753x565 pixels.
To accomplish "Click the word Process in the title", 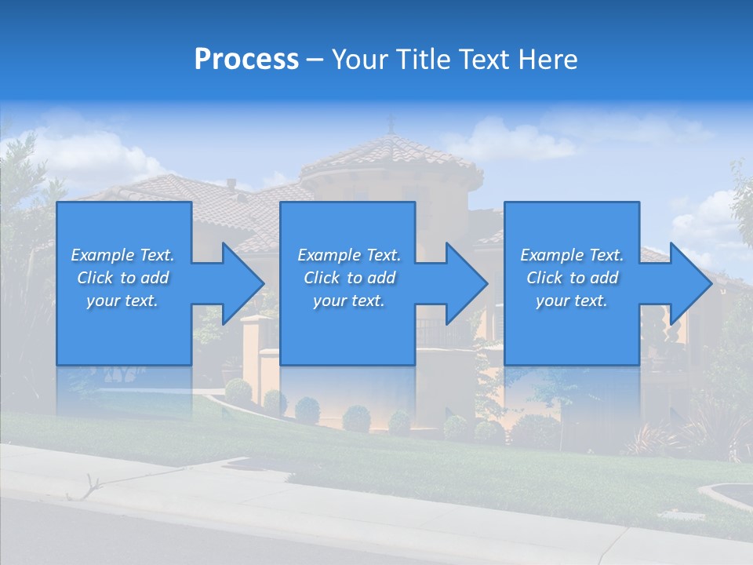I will click(x=246, y=60).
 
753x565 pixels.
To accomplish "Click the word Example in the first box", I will click(x=103, y=255).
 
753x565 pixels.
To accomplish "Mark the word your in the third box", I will click(x=552, y=301).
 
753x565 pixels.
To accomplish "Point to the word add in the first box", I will click(x=155, y=278).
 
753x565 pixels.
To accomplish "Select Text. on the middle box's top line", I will click(x=382, y=255).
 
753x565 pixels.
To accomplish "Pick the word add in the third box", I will click(x=604, y=278).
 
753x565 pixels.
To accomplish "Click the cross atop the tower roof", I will click(x=391, y=122).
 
